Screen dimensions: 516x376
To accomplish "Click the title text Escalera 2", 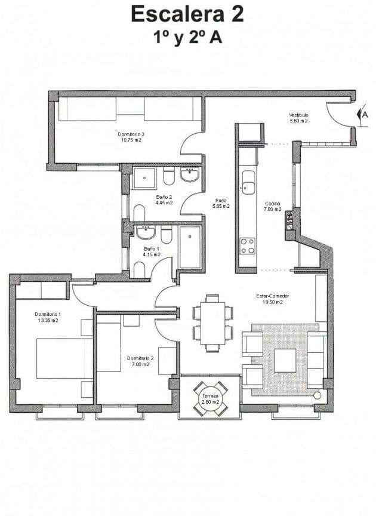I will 187,13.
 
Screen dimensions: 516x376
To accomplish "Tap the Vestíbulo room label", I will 298,118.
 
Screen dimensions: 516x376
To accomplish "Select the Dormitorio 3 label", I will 130,137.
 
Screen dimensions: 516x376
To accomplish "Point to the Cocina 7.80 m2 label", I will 273,207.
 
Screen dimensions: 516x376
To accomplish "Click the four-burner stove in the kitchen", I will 247,245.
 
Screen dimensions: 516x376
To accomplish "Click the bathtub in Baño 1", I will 190,246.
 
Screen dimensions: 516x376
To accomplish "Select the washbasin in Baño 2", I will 190,175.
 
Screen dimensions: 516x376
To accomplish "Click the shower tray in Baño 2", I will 144,177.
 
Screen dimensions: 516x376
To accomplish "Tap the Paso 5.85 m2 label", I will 221,203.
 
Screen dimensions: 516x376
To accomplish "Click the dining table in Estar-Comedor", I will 212,322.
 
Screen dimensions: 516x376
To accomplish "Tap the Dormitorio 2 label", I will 140,361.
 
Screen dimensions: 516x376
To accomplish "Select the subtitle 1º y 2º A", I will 187,37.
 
